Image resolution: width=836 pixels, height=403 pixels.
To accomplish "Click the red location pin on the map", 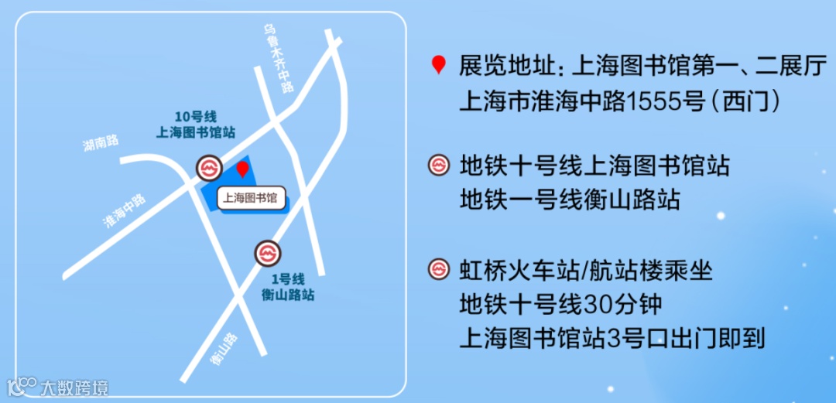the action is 243,169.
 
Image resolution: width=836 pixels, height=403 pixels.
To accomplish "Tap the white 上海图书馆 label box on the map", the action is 250,199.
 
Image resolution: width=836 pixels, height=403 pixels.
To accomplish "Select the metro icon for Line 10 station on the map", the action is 208,168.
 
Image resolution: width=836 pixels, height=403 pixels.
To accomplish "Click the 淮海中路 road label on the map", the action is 124,211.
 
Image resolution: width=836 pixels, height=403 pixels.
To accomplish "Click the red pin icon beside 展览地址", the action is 439,65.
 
